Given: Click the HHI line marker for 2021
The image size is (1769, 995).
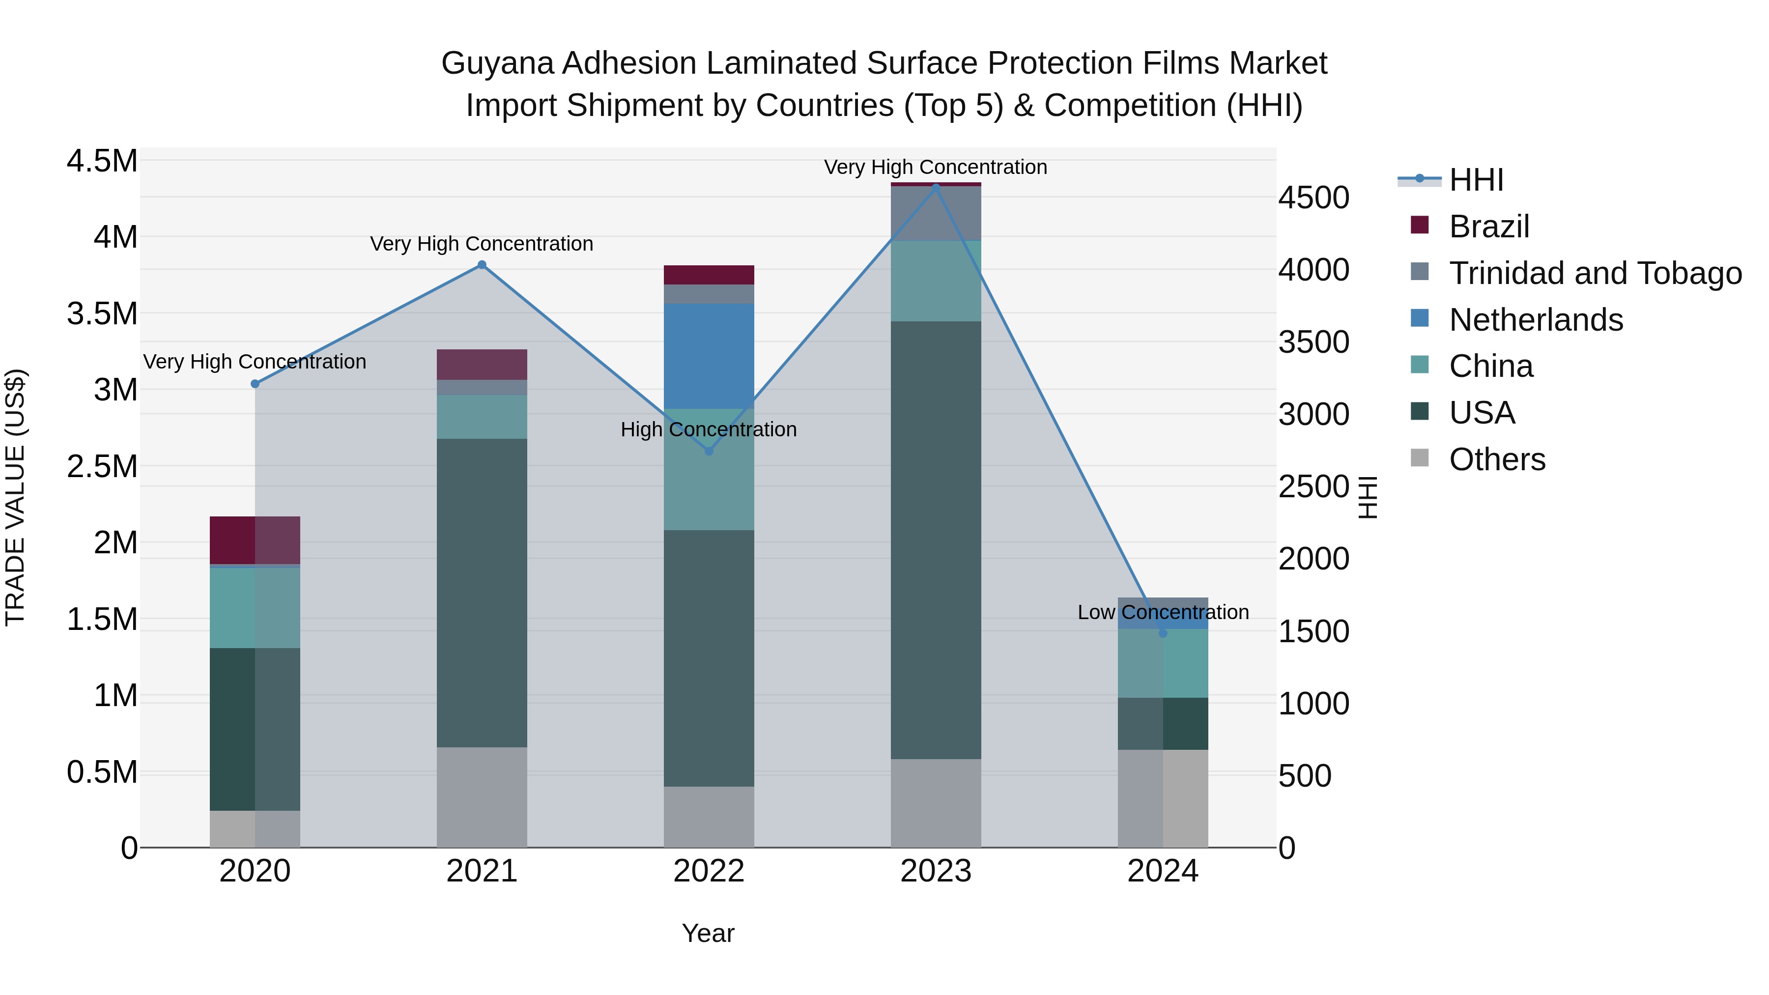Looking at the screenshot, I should (482, 265).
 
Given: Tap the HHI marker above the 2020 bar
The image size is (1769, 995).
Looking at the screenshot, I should (255, 384).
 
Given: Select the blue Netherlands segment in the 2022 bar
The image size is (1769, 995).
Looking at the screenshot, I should (709, 356).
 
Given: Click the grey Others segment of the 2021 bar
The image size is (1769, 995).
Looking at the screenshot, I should (482, 796).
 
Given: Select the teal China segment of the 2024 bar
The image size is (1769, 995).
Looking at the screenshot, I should (1162, 663).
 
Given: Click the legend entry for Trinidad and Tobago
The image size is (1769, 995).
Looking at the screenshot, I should (1595, 273).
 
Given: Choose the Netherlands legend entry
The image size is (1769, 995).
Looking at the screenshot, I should (1536, 320).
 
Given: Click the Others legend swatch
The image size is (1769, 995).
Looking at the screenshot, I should (1419, 458).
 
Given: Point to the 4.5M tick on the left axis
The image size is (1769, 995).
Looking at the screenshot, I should (102, 161).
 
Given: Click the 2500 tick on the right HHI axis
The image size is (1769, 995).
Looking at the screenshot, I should (1313, 487).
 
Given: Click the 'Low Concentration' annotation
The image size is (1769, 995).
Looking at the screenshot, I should (1162, 612).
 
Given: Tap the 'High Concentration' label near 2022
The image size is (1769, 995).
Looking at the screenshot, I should (708, 429).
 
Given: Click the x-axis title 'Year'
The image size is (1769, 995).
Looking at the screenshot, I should (708, 933).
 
